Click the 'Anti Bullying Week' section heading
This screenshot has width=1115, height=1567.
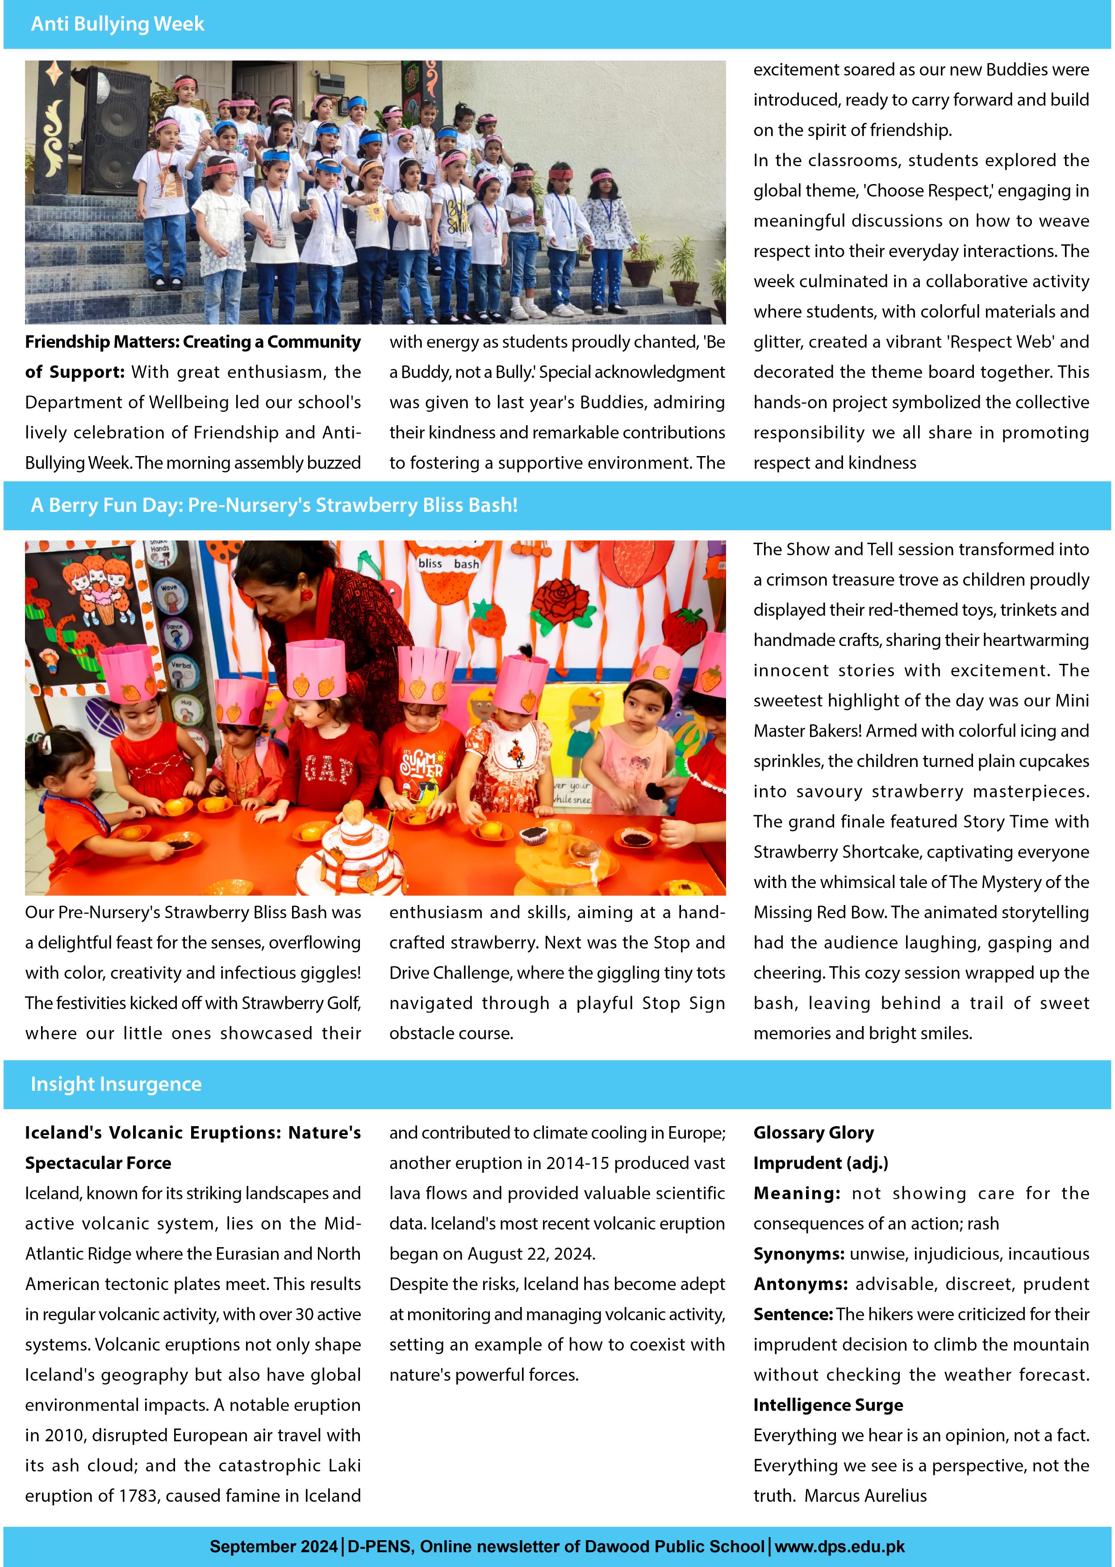coord(117,24)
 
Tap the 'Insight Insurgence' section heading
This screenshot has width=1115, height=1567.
coord(116,1084)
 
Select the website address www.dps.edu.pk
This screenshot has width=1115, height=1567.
coord(839,1546)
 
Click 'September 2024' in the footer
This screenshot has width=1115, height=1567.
coord(273,1546)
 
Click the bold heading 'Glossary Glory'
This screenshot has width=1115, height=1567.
coord(814,1132)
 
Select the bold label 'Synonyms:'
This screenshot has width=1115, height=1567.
coord(798,1254)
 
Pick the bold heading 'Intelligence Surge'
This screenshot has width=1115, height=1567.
coord(828,1405)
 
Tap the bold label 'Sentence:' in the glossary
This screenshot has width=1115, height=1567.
coord(793,1314)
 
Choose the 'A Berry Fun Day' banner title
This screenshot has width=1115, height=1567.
coord(274,505)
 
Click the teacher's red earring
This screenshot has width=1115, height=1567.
coord(306,593)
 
